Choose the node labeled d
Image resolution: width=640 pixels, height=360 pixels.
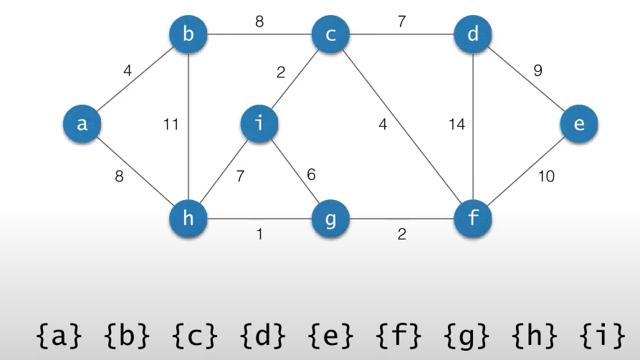[473, 33]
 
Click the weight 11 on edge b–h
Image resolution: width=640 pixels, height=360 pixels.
[170, 125]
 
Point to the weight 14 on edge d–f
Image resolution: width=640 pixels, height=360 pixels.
[457, 125]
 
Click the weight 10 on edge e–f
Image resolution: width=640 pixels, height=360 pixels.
[546, 176]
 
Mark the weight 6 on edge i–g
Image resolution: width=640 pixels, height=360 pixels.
[310, 174]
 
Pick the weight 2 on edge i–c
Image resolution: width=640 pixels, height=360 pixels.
[282, 72]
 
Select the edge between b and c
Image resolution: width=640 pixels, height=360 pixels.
[259, 34]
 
